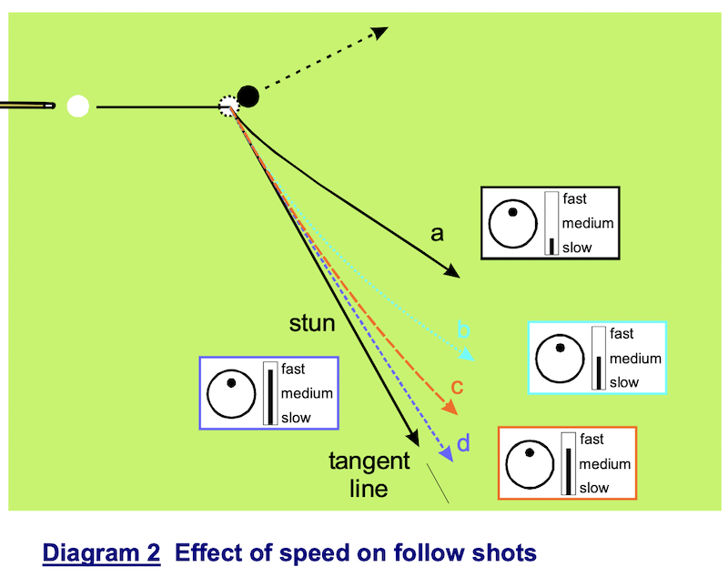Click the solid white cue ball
coord(78,106)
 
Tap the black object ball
coord(248,96)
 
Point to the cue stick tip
coord(49,106)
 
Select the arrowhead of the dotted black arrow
coord(379,33)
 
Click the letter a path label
coord(437,234)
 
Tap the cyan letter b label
coord(463,329)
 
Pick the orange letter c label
coord(458,386)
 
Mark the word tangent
coord(369,461)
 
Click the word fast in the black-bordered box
coord(575,198)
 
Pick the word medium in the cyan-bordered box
coord(635,359)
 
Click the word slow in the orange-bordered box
coord(594,488)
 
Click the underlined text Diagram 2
coord(99,552)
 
